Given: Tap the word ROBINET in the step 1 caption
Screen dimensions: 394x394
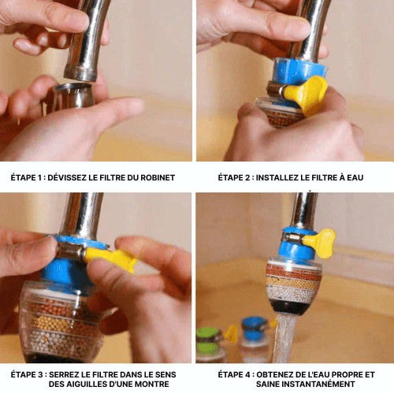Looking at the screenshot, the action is tap(158, 177).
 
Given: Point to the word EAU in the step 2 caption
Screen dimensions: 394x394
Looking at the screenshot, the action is tap(355, 177).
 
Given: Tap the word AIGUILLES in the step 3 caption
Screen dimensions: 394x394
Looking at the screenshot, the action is tap(84, 384).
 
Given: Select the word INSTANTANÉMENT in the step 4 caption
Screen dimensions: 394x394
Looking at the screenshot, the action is tap(306, 384).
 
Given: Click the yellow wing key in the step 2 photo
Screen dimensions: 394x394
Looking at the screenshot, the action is tap(307, 95).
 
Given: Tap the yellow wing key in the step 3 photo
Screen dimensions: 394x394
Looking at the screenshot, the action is tap(111, 258).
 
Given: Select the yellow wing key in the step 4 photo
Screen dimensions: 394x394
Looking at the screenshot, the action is tap(321, 243).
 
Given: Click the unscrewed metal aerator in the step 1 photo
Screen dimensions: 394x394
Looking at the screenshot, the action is tap(73, 95).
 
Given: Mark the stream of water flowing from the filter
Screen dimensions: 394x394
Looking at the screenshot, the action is tap(284, 339).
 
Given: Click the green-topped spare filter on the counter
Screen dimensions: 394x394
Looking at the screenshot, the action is tap(210, 344).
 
